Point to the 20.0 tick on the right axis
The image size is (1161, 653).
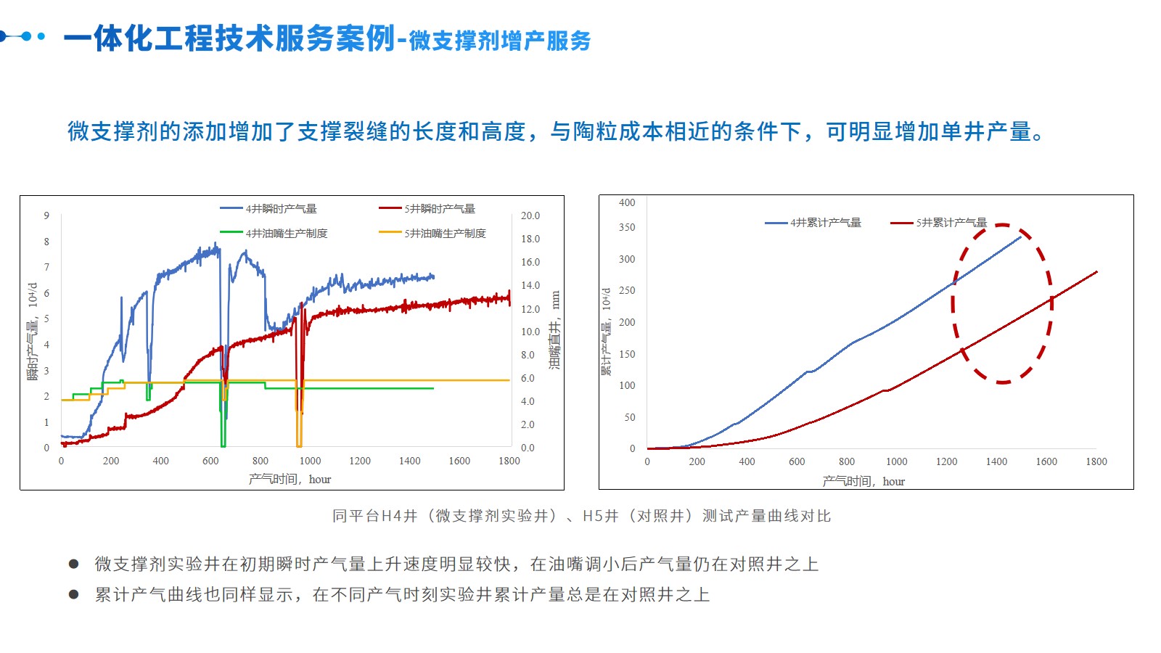[x=530, y=215]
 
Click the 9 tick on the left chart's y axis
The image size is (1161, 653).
[x=46, y=215]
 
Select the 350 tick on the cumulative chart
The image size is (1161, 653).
[x=627, y=227]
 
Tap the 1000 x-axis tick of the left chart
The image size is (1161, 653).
[x=310, y=461]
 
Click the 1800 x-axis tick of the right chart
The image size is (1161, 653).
[x=1096, y=461]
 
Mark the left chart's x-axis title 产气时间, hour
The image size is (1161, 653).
[x=290, y=479]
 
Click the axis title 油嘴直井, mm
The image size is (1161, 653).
[x=555, y=330]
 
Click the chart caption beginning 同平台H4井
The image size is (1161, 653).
[x=581, y=516]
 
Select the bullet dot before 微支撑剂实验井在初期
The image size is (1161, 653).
[x=73, y=564]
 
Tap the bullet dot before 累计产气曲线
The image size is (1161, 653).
[x=73, y=594]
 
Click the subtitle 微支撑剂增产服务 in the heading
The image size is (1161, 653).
[x=500, y=41]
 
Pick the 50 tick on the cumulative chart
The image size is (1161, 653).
[x=629, y=417]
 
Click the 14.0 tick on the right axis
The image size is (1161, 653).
[x=530, y=285]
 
